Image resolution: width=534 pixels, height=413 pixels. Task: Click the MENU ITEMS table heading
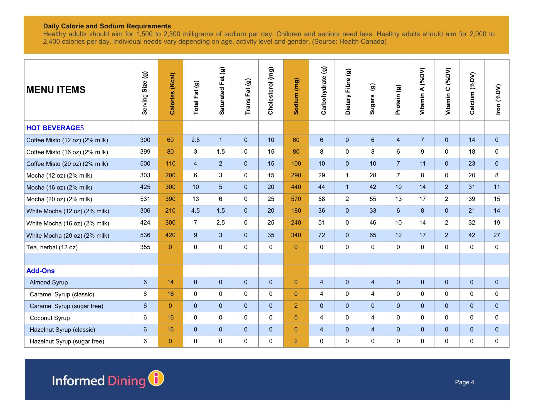(56, 90)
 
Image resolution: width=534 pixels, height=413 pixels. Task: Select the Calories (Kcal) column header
(172, 94)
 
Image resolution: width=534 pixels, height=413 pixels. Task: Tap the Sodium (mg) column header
(296, 96)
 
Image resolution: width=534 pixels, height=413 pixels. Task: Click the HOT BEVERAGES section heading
(55, 128)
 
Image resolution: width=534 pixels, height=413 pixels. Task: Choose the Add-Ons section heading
(40, 271)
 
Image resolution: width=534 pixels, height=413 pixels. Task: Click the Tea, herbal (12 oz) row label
(52, 247)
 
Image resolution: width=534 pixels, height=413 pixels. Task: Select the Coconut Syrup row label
(50, 318)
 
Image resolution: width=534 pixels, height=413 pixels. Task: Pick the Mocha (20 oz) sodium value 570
(296, 199)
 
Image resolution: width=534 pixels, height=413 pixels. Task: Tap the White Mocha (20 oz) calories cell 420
(170, 235)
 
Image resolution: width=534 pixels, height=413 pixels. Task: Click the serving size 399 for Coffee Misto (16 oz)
(145, 152)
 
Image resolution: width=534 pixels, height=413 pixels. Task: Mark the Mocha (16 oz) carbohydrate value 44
(322, 187)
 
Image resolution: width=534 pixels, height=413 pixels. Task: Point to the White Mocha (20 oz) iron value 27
(497, 235)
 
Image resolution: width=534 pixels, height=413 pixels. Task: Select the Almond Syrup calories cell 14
(170, 282)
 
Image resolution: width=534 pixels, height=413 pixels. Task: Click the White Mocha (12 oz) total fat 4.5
(196, 211)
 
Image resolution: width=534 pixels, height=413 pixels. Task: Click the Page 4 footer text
(464, 382)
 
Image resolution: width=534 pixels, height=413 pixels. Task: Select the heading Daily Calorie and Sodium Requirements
(107, 26)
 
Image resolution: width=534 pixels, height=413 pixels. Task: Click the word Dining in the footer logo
(127, 381)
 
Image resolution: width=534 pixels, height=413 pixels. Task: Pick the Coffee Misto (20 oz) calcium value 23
(472, 164)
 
